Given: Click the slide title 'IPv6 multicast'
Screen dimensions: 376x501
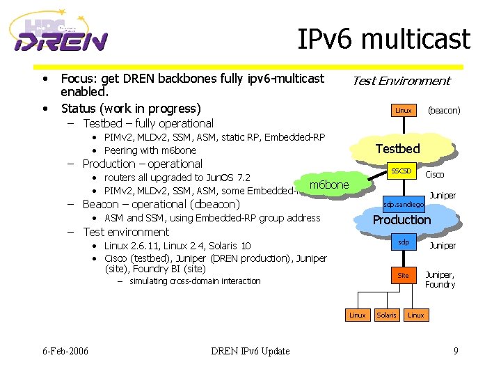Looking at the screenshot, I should (383, 39).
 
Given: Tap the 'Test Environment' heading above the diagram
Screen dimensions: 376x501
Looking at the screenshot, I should (401, 81).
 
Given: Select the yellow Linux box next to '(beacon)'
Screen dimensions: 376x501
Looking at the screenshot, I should (403, 110).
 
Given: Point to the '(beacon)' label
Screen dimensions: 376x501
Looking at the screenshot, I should (443, 110).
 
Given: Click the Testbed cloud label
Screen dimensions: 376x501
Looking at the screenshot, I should (397, 148).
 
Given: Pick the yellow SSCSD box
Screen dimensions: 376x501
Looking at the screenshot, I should (401, 171).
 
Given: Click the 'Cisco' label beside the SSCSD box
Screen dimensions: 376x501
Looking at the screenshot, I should (434, 175).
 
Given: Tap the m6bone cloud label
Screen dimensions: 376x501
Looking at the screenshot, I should (328, 185).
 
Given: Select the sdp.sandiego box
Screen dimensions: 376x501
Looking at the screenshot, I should (401, 205).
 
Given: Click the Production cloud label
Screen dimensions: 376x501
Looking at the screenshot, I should (401, 219).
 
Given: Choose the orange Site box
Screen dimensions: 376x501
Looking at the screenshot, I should (403, 275).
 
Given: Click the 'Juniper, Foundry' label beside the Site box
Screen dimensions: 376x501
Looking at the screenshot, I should (440, 279).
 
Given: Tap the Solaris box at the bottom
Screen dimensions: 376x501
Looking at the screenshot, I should (386, 315).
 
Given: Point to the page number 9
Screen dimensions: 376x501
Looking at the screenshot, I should (456, 350).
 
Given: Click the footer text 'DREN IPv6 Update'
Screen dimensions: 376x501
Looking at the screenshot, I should (250, 350).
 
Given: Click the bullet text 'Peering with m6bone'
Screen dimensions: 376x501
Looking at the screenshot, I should (150, 150).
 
